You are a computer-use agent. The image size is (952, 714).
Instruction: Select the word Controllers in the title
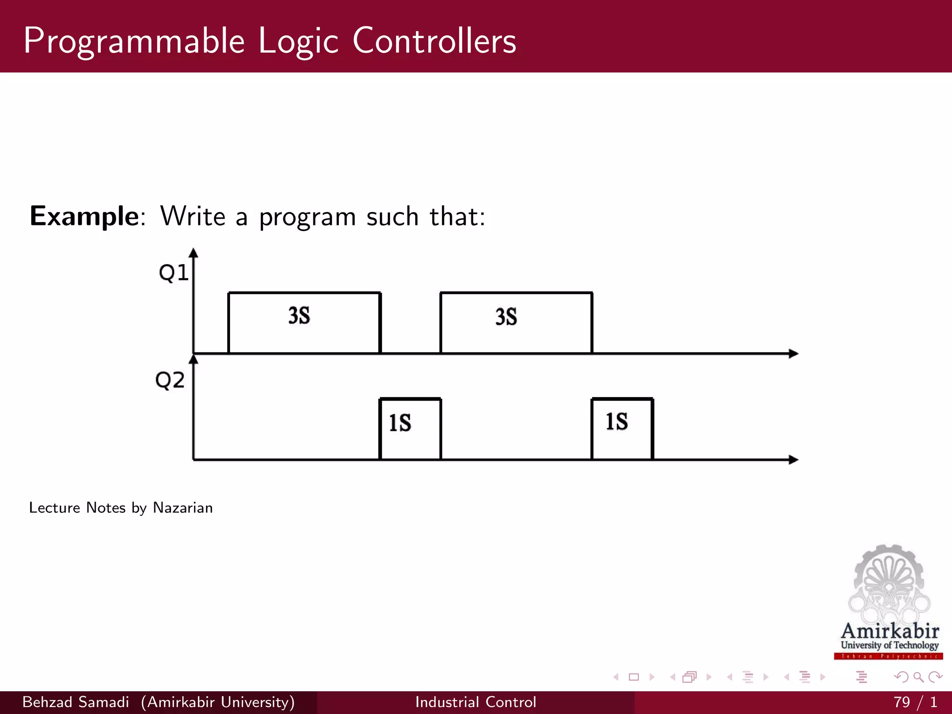(x=434, y=41)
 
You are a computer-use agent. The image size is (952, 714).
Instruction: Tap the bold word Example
(x=84, y=217)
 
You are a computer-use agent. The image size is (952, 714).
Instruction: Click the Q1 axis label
(x=173, y=273)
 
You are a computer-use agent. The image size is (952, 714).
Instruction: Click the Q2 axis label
(x=170, y=380)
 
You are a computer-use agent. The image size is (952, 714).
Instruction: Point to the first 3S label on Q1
(x=299, y=316)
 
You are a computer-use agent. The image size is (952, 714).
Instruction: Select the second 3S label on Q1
(x=506, y=317)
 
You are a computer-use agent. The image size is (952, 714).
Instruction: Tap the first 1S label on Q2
(x=400, y=423)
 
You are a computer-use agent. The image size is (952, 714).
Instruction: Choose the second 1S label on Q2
(x=616, y=422)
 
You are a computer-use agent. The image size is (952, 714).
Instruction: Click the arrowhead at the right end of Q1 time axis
(x=793, y=354)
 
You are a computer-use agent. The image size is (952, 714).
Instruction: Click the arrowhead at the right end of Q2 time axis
(x=793, y=460)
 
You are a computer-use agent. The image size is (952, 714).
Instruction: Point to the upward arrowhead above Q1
(x=194, y=253)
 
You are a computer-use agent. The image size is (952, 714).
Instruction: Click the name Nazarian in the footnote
(x=183, y=508)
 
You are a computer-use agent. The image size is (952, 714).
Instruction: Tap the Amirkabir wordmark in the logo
(x=890, y=631)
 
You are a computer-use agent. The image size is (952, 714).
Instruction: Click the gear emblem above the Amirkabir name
(x=889, y=581)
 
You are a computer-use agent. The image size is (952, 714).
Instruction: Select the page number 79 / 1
(x=914, y=702)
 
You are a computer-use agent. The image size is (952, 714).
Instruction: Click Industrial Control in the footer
(x=476, y=702)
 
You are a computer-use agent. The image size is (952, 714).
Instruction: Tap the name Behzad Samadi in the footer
(x=76, y=702)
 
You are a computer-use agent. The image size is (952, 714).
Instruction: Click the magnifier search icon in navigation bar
(x=918, y=677)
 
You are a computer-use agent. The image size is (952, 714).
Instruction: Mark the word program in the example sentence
(x=307, y=218)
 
